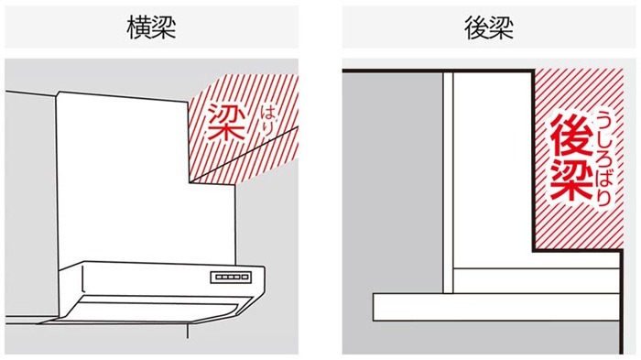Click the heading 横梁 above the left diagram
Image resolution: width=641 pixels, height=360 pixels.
click(x=151, y=27)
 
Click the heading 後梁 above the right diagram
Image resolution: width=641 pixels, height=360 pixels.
click(x=489, y=27)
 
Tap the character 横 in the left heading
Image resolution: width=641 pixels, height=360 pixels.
click(x=139, y=27)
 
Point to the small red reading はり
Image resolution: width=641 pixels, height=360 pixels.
click(x=266, y=116)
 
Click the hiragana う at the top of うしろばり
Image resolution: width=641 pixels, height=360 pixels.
click(x=604, y=120)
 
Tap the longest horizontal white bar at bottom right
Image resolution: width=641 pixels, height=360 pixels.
click(x=504, y=306)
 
